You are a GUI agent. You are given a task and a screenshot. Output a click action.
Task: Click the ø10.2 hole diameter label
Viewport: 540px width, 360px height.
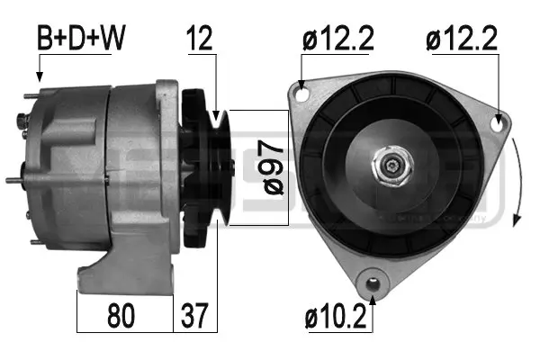(337, 318)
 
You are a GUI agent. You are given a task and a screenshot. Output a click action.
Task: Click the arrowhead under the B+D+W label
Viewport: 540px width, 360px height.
(40, 77)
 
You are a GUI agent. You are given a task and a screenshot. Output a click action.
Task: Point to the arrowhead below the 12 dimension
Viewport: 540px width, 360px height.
(217, 114)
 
